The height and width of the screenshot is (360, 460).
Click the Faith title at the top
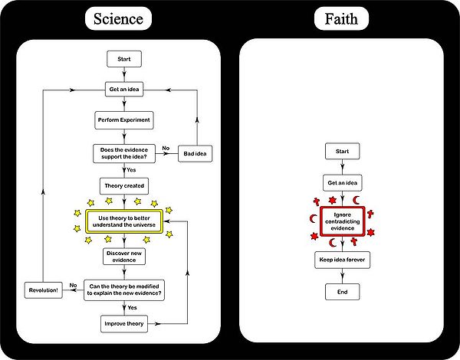(341, 18)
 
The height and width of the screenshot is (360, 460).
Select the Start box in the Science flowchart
(124, 59)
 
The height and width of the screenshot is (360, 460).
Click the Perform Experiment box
(124, 121)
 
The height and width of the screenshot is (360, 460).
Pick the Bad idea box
(196, 154)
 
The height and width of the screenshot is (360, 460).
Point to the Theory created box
(124, 185)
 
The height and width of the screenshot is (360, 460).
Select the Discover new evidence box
(124, 255)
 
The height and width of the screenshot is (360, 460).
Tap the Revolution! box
(44, 290)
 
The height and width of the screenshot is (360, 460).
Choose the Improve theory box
(124, 324)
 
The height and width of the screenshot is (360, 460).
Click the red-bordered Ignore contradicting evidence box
(342, 221)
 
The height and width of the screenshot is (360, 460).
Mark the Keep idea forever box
(342, 260)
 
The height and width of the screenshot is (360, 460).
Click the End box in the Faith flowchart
(342, 292)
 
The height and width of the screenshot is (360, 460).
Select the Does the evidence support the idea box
(124, 152)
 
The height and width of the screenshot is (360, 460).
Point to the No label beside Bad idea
(165, 147)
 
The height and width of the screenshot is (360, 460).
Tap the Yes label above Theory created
(133, 171)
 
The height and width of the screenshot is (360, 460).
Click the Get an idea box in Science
(124, 90)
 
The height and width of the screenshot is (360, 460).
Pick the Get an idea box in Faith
(342, 184)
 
